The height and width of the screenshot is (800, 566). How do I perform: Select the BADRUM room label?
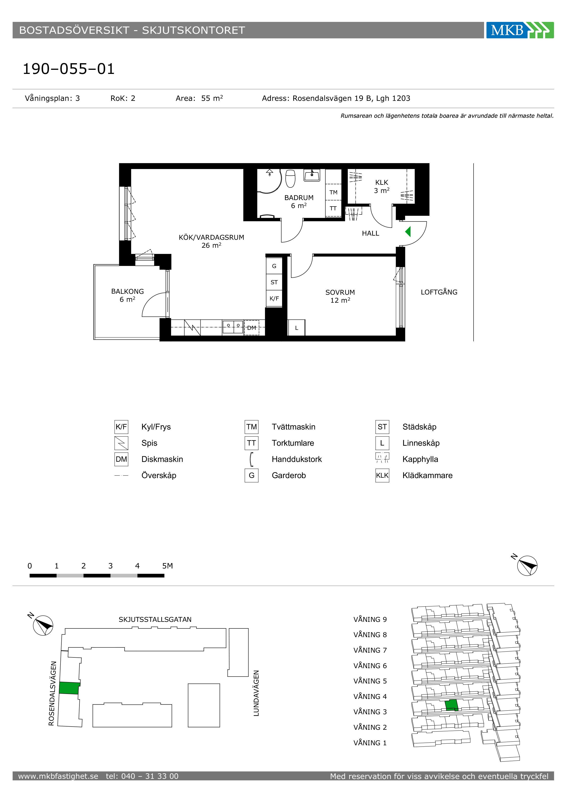[x=299, y=198]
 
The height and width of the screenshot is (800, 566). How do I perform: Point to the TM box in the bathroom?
[x=333, y=192]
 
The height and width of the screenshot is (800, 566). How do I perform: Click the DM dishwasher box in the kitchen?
[x=252, y=328]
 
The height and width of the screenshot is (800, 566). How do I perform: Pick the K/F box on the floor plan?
[x=274, y=298]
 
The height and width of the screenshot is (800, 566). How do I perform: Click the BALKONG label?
[x=128, y=291]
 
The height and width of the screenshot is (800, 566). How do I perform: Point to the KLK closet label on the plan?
[x=382, y=182]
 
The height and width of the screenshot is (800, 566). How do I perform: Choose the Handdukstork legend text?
[x=297, y=459]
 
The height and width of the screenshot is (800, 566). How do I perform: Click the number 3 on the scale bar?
[x=110, y=566]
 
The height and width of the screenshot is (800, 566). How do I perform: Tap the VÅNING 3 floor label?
[x=370, y=712]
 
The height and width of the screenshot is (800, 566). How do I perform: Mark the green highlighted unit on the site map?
[x=69, y=688]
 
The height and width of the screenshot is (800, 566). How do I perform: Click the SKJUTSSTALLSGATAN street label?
[x=155, y=620]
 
